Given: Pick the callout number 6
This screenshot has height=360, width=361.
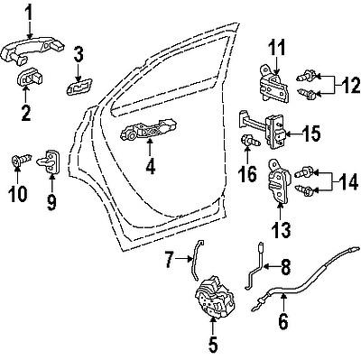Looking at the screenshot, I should point(282,319).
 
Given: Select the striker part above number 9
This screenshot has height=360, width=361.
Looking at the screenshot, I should point(51,163).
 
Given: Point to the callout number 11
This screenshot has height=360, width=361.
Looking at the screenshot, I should point(275,46).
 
